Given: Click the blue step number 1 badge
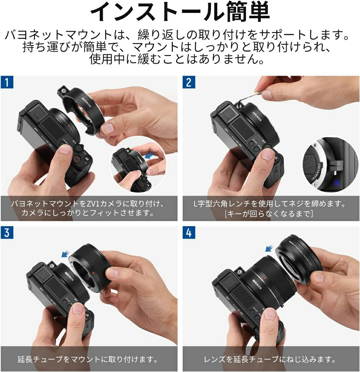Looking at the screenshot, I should click(7, 82).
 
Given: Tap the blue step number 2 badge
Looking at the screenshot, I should click(189, 82).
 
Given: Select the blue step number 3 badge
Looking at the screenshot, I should click(7, 232).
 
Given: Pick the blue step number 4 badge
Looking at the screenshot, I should click(189, 232).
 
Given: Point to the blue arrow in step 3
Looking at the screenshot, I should click(65, 254).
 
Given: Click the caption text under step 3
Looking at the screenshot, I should click(88, 359).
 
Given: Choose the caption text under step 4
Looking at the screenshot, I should click(270, 359).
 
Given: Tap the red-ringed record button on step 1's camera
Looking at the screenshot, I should click(77, 159).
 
